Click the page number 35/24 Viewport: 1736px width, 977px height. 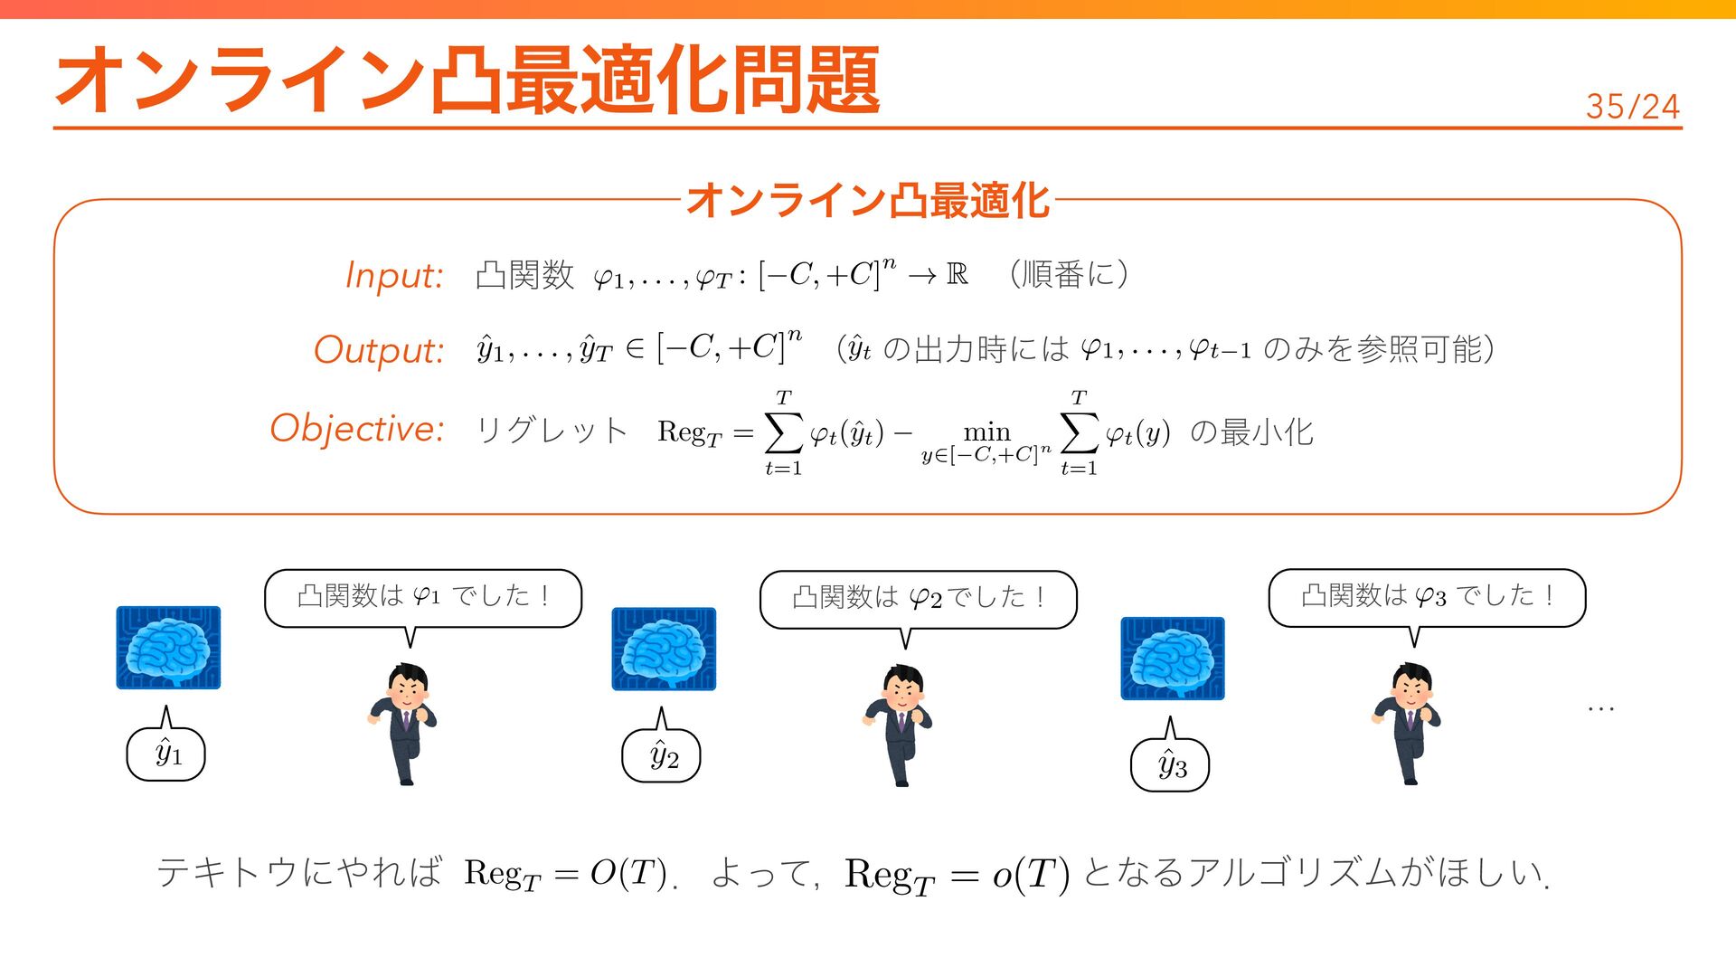(x=1632, y=107)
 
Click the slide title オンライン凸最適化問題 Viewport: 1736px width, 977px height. (x=467, y=81)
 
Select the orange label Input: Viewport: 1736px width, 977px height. (x=394, y=275)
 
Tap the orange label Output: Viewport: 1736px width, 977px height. (x=379, y=350)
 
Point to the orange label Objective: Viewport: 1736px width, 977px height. (x=357, y=428)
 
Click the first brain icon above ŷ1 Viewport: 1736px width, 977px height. (x=168, y=648)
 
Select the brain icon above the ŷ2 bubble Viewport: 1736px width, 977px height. (x=664, y=650)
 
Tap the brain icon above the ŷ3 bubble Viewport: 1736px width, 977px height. (x=1173, y=659)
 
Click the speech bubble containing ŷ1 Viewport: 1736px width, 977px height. (x=166, y=754)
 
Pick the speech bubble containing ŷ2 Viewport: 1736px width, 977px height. (x=662, y=755)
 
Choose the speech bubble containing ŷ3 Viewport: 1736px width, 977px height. (x=1170, y=765)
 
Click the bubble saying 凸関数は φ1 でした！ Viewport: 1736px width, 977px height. (x=423, y=597)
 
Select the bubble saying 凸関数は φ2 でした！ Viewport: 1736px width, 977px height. (x=918, y=598)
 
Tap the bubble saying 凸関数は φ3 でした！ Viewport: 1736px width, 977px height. (x=1427, y=596)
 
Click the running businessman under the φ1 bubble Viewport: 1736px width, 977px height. (x=404, y=723)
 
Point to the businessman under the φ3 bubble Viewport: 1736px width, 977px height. (x=1407, y=723)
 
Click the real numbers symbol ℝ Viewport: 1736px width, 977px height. (x=957, y=273)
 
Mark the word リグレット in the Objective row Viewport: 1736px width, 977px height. (x=552, y=431)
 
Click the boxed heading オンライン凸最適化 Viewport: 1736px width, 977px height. (x=867, y=200)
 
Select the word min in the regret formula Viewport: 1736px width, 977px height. (x=986, y=432)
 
